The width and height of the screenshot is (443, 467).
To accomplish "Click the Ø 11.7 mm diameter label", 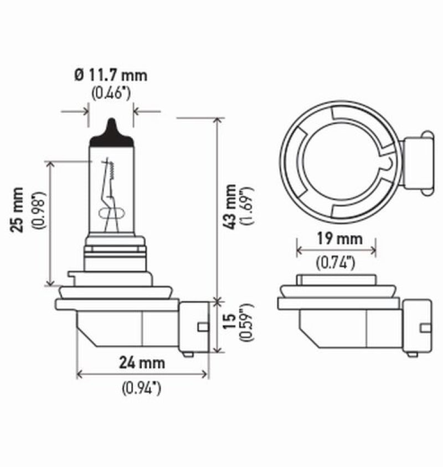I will point(111,75).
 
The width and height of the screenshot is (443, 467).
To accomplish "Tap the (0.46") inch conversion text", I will point(111,92).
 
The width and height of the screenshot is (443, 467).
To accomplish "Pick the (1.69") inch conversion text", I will point(246,206).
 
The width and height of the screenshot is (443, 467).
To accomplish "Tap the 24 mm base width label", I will point(143,363).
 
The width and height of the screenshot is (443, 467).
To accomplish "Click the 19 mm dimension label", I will point(337,239).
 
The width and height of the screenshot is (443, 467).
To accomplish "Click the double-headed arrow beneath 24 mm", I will point(143,375).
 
